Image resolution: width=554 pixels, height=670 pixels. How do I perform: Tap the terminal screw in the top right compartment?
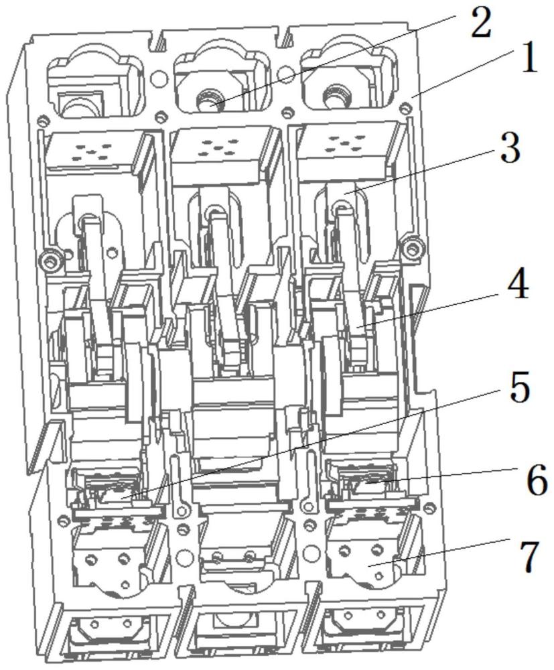tap(334, 96)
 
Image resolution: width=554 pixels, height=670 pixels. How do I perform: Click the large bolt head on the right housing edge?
tap(411, 247)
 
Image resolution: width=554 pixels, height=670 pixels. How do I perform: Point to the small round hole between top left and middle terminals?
tap(159, 78)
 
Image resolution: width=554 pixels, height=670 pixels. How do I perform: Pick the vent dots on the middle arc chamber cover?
tap(218, 147)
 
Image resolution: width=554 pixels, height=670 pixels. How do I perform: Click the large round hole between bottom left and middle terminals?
tap(184, 557)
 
